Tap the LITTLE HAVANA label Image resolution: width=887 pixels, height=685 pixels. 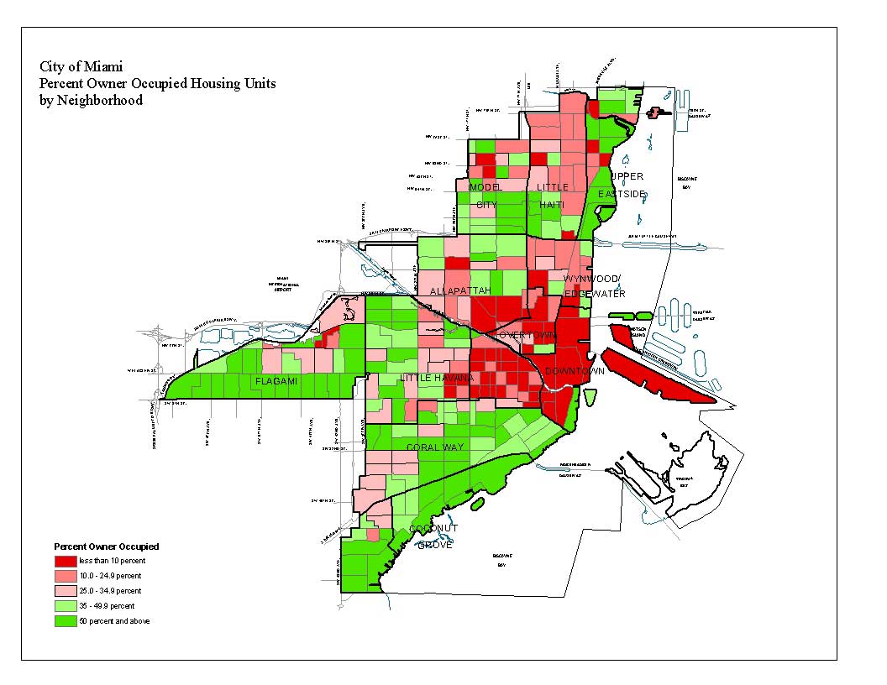click(437, 378)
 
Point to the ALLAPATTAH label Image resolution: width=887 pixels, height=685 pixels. click(459, 290)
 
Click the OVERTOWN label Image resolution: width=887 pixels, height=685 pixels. click(527, 335)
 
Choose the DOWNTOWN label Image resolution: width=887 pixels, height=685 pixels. click(575, 371)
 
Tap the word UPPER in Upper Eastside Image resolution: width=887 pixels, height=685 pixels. click(627, 176)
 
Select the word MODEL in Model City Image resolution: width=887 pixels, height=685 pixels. click(485, 186)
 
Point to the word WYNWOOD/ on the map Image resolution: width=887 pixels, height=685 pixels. click(591, 279)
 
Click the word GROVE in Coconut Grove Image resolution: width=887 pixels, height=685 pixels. click(435, 545)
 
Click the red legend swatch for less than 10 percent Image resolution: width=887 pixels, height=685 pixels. click(66, 561)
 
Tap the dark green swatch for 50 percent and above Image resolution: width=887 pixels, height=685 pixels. click(66, 621)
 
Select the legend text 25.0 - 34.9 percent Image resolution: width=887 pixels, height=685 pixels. click(110, 591)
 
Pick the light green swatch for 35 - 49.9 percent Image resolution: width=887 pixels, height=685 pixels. click(66, 606)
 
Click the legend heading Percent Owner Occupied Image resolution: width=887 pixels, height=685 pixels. click(106, 546)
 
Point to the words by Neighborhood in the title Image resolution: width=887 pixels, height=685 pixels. click(91, 100)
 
